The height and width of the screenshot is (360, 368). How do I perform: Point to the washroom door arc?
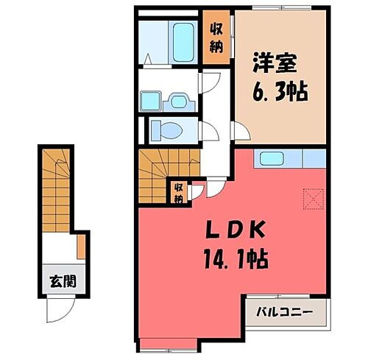click(209, 85)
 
